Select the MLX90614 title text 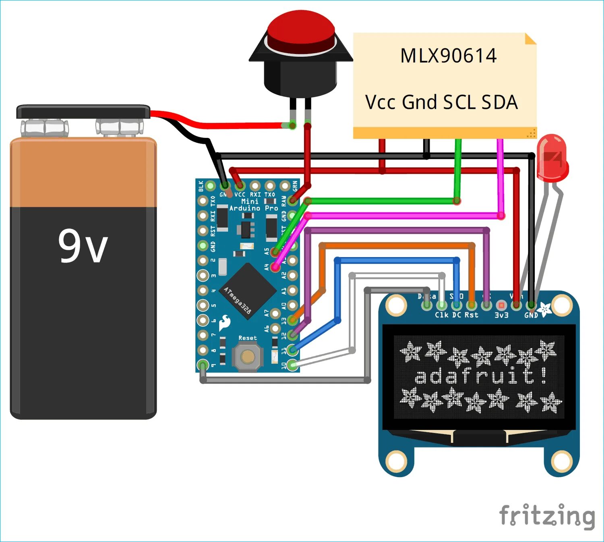[x=448, y=56]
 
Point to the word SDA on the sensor [x=500, y=102]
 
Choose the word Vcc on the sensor [x=380, y=102]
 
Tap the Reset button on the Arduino [x=248, y=356]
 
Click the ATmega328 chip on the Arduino [x=247, y=291]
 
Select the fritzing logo [x=547, y=516]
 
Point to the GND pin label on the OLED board [x=531, y=315]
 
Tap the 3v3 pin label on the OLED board [x=501, y=315]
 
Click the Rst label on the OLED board [x=472, y=315]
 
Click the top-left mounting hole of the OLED [x=396, y=305]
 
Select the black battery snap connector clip [x=83, y=112]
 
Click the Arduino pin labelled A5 [x=275, y=252]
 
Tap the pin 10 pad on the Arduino [x=293, y=365]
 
